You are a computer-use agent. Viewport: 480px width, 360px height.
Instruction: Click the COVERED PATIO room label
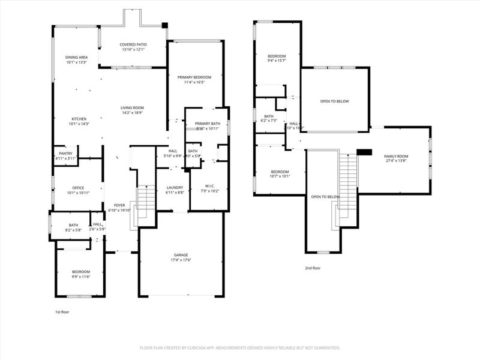(x=133, y=44)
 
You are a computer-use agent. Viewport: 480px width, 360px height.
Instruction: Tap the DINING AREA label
(x=77, y=57)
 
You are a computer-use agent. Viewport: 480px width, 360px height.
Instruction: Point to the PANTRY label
(x=67, y=153)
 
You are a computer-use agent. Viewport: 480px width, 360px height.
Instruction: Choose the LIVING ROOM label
(x=133, y=107)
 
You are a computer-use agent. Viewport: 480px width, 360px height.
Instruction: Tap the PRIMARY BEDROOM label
(x=194, y=77)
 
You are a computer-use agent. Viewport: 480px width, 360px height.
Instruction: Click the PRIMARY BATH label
(x=206, y=124)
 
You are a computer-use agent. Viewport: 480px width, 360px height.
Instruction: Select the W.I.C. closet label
(x=208, y=186)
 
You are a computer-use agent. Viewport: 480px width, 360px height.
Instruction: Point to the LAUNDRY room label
(x=174, y=187)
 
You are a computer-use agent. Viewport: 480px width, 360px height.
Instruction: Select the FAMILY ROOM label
(x=396, y=156)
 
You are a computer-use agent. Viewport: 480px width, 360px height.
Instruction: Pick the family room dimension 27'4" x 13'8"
(x=396, y=161)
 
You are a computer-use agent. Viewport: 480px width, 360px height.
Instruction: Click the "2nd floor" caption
(x=312, y=268)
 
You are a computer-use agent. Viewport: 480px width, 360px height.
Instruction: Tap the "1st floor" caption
(x=62, y=312)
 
